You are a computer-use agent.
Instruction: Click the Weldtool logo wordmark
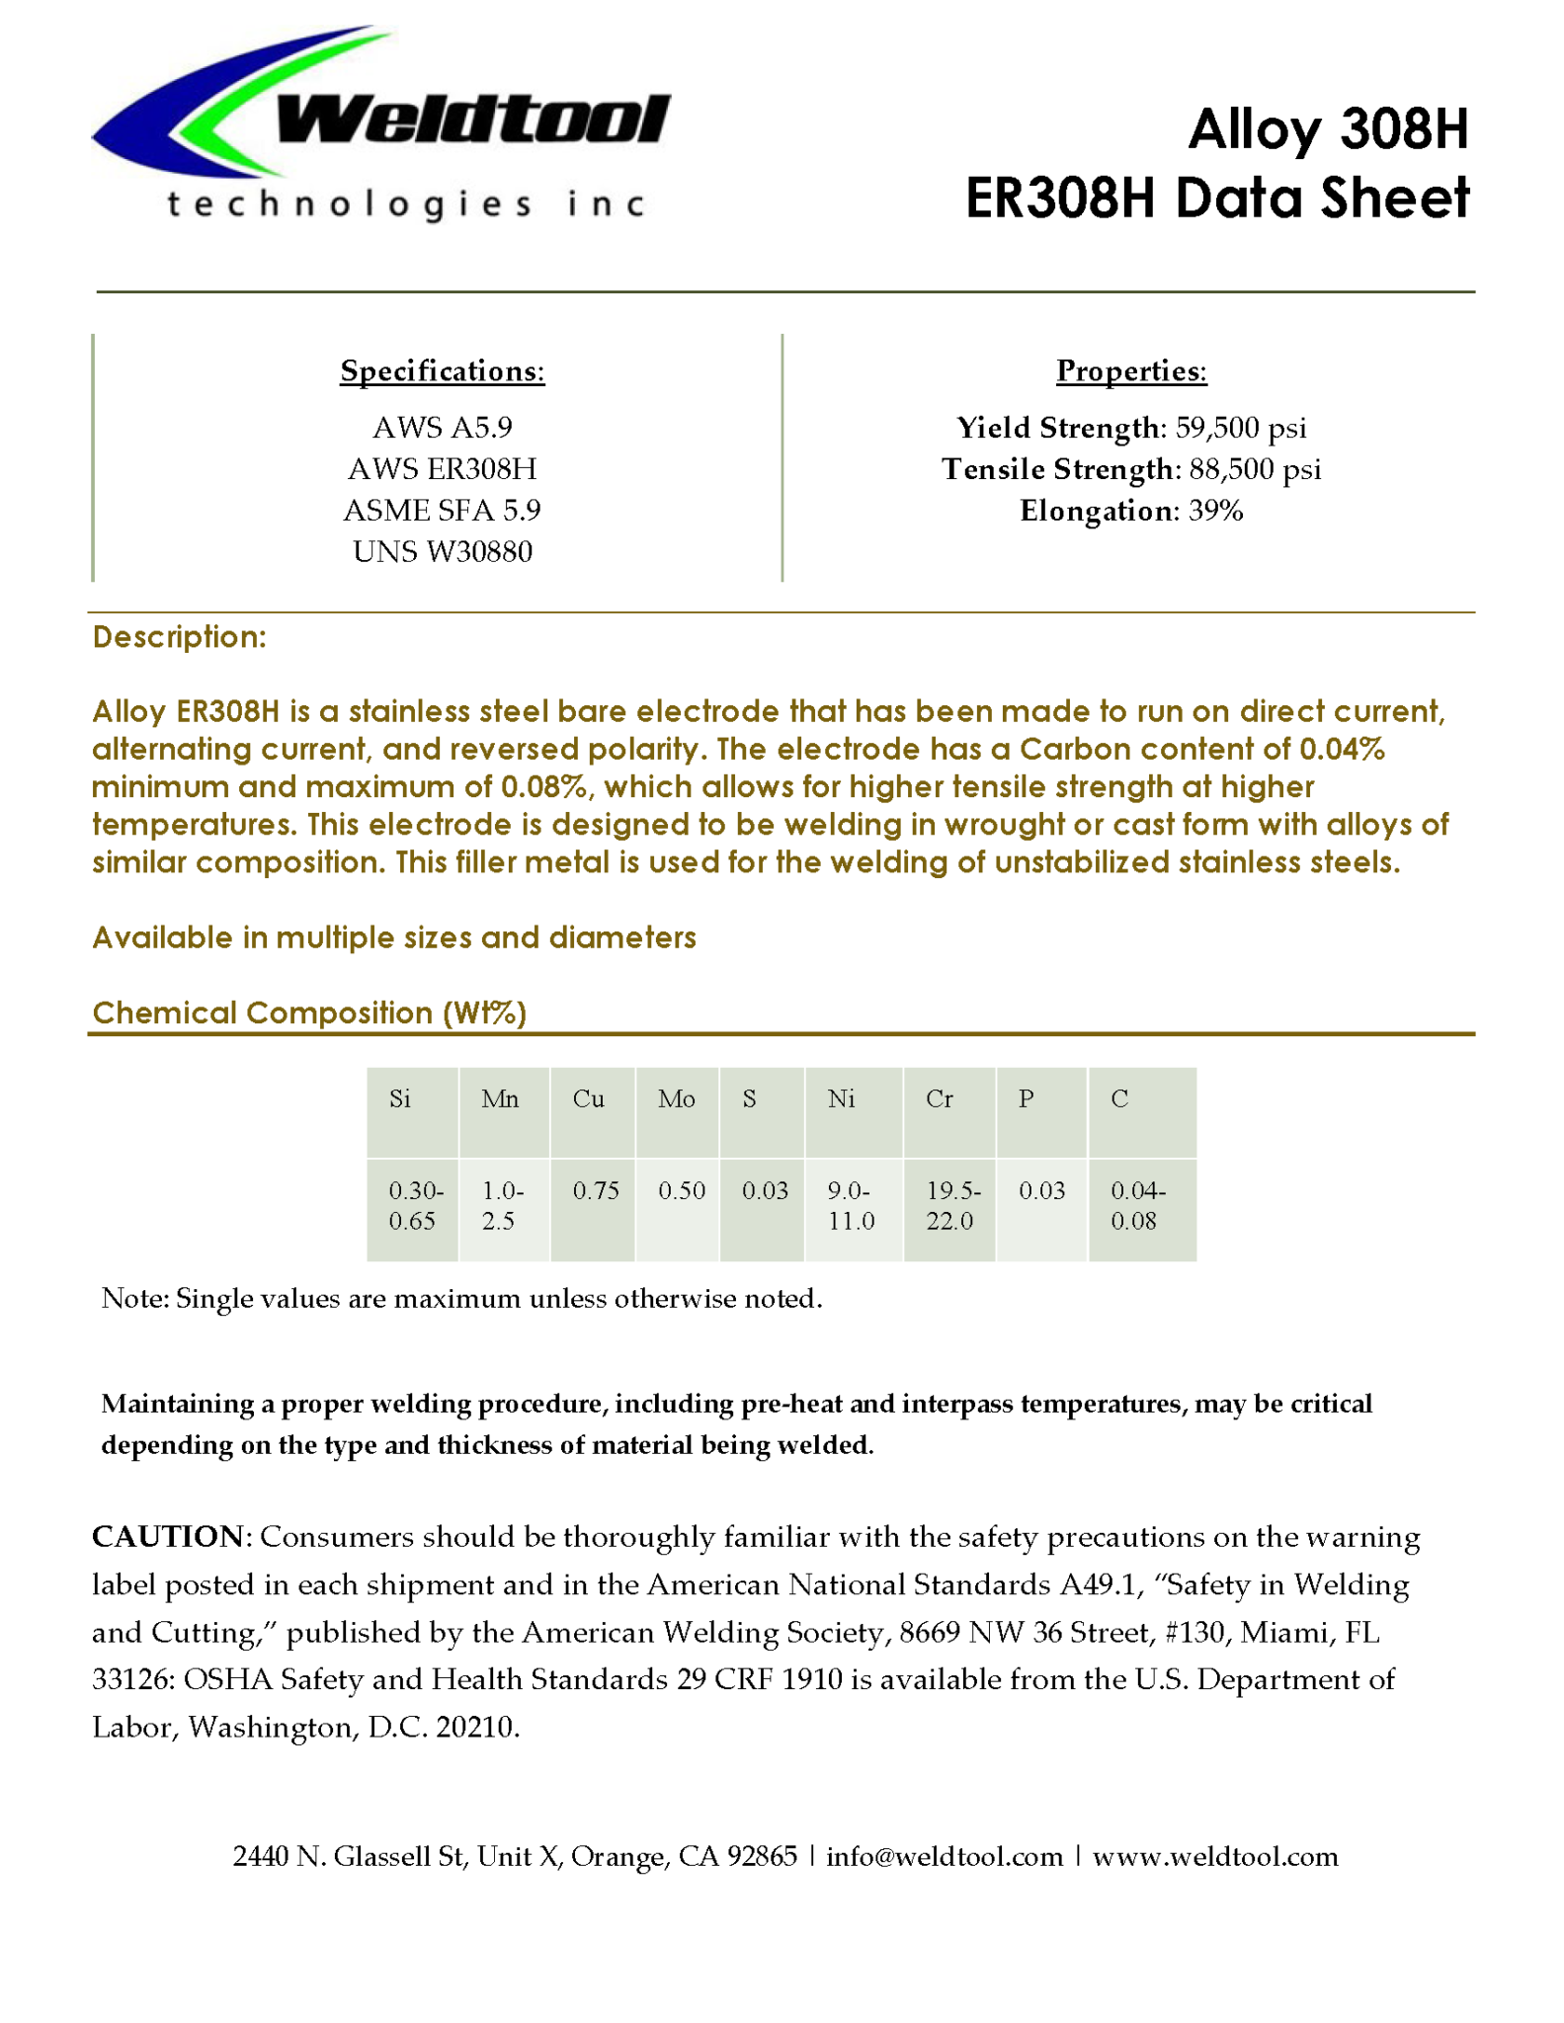coord(472,121)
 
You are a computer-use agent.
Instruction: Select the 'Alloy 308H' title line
coord(1328,129)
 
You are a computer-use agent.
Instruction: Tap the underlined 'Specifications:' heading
coord(443,370)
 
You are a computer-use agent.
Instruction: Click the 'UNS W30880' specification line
coord(443,551)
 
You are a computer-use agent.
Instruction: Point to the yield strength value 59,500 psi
coord(1241,428)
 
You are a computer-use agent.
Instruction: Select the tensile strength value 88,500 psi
coord(1255,469)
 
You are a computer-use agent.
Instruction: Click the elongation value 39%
coord(1215,511)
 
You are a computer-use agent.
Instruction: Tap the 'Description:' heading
coord(179,637)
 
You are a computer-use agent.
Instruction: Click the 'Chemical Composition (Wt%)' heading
coord(309,1012)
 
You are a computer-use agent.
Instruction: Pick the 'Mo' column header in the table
coord(677,1099)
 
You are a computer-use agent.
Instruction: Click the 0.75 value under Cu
coord(596,1190)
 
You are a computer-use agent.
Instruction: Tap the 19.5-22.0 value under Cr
coord(950,1206)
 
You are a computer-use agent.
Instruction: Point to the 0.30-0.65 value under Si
coord(415,1206)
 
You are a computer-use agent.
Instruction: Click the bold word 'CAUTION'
coord(168,1537)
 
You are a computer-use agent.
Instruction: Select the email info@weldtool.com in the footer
coord(945,1857)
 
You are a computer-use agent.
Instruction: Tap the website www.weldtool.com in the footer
coord(1215,1857)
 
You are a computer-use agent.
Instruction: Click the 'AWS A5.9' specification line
coord(443,428)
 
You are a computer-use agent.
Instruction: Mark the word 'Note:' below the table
coord(136,1298)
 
